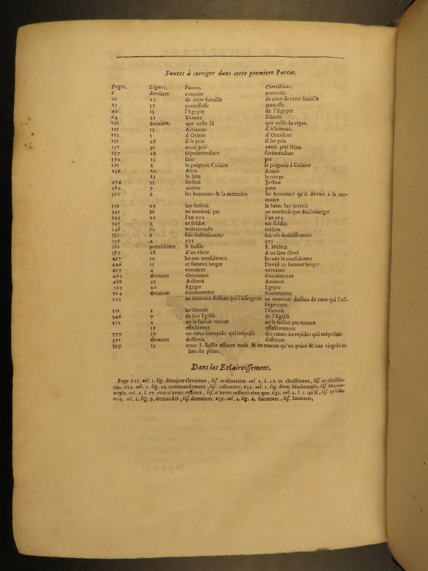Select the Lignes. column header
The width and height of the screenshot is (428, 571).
pyautogui.click(x=157, y=88)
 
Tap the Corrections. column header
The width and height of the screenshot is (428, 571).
pyautogui.click(x=279, y=87)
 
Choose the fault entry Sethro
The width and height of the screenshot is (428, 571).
pyautogui.click(x=193, y=182)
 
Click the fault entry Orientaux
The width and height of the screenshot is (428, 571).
pyautogui.click(x=197, y=276)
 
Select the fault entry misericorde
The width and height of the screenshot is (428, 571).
pyautogui.click(x=199, y=229)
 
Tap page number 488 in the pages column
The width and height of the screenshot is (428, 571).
pyautogui.click(x=116, y=282)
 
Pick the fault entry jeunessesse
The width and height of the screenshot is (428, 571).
pyautogui.click(x=197, y=106)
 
